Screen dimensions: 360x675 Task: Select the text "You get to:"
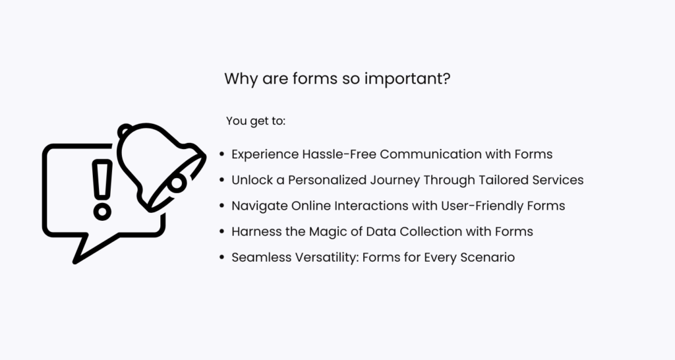256,121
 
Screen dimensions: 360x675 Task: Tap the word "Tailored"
502,180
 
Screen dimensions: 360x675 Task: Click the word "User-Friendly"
486,206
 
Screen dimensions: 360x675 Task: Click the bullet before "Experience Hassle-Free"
222,155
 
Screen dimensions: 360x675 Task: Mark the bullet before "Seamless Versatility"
222,258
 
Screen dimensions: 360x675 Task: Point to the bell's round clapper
178,185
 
